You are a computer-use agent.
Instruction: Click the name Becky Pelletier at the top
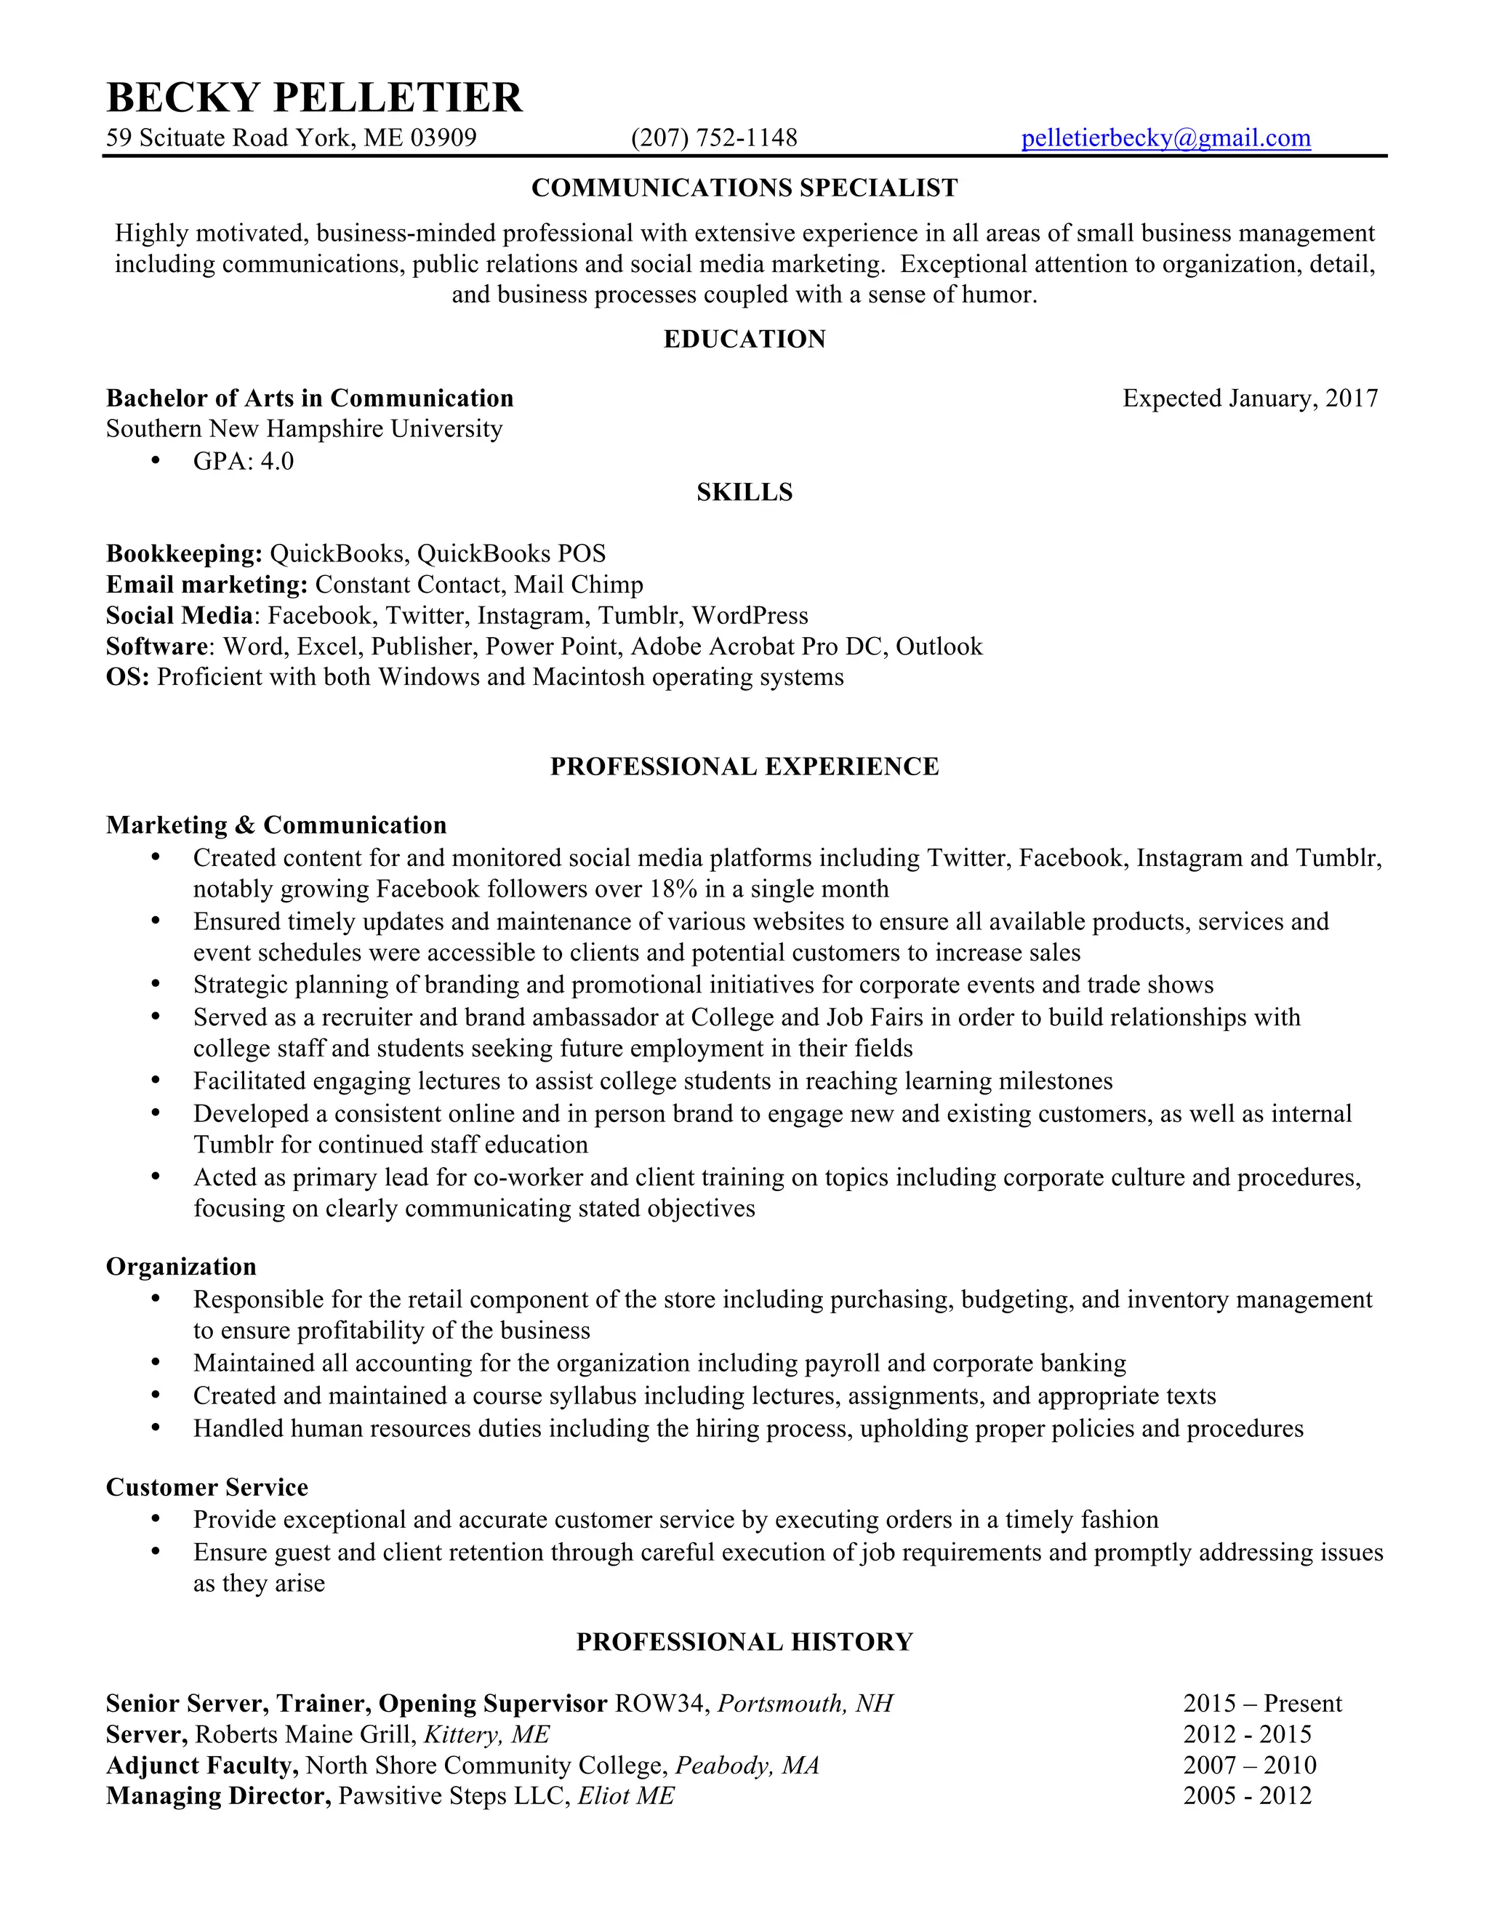coord(314,97)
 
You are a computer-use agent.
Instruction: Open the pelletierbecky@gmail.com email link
coord(1165,137)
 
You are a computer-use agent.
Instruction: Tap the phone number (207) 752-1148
coord(714,137)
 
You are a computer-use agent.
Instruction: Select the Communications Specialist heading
coord(744,188)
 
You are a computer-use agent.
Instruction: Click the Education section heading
coord(744,339)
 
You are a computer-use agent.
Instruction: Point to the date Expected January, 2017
coord(1249,398)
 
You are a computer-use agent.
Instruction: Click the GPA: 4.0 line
coord(244,460)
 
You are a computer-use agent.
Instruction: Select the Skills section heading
coord(744,492)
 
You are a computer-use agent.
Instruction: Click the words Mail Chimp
coord(579,584)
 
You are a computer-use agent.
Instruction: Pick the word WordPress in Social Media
coord(750,615)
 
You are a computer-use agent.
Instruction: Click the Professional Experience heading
coord(744,766)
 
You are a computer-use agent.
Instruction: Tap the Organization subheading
coord(181,1266)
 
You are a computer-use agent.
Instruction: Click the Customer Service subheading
coord(207,1487)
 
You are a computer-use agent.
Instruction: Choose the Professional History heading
coord(744,1641)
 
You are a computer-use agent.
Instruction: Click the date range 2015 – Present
coord(1262,1703)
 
